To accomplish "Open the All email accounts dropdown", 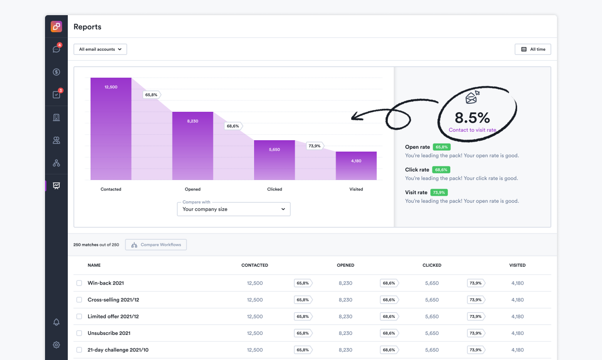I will click(100, 49).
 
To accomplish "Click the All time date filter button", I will click(533, 49).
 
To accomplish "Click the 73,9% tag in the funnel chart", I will click(314, 146).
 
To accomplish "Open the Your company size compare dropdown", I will click(234, 209).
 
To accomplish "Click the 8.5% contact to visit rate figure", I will click(472, 117).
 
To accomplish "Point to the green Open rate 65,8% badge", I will click(441, 147).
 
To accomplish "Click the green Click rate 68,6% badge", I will click(441, 170).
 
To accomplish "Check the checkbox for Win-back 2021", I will click(79, 283).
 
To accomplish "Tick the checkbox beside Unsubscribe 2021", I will click(79, 333).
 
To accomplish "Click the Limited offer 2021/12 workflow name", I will click(113, 316).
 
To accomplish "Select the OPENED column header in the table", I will click(346, 265).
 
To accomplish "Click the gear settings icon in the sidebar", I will click(56, 345).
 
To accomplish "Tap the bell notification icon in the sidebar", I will click(56, 322).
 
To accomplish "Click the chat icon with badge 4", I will click(56, 49).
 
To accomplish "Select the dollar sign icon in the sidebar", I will click(56, 72).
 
